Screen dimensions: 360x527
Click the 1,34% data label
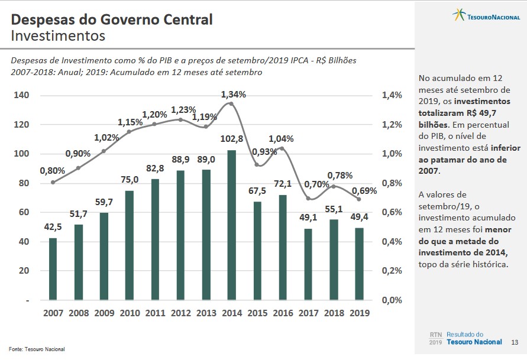click(x=234, y=95)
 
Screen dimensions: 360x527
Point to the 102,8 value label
click(x=232, y=140)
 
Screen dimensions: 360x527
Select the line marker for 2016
click(x=282, y=148)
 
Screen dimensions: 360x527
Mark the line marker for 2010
click(x=129, y=131)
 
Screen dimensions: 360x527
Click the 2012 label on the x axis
click(x=180, y=313)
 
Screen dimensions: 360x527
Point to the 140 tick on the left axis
click(x=22, y=95)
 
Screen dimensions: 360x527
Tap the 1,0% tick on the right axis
click(x=391, y=154)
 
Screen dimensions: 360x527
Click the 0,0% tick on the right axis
click(x=391, y=300)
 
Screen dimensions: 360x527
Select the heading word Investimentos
click(x=58, y=36)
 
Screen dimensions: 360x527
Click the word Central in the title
click(x=183, y=20)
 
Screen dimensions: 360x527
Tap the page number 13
click(x=514, y=342)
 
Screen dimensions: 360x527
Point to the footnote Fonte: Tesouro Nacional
click(x=37, y=349)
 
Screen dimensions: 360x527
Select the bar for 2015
click(x=257, y=251)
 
